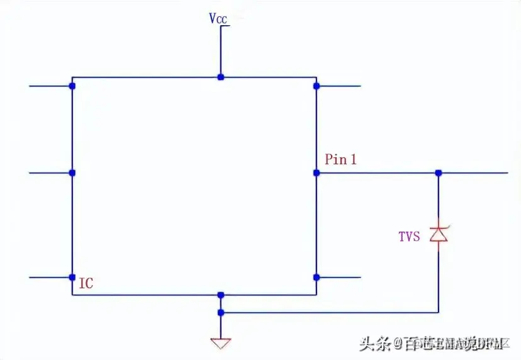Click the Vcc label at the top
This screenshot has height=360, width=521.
(218, 18)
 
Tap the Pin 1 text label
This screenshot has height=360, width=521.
(340, 159)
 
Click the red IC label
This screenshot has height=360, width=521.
(86, 284)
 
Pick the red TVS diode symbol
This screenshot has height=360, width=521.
(439, 234)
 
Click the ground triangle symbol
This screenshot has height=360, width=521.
(221, 344)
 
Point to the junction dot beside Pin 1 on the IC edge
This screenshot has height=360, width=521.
(317, 172)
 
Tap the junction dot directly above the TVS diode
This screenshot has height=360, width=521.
(439, 172)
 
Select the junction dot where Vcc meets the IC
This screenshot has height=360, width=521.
(220, 77)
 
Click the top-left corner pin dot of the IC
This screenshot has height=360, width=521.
(72, 86)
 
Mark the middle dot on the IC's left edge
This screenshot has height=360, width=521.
(72, 172)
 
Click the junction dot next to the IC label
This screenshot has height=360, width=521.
(72, 277)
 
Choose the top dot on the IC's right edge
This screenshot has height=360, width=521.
(317, 86)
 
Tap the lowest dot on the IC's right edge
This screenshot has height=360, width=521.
(317, 277)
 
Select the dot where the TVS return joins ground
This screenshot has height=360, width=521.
(220, 312)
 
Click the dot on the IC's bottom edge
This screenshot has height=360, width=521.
(220, 295)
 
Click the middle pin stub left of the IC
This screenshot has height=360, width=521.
(50, 172)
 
